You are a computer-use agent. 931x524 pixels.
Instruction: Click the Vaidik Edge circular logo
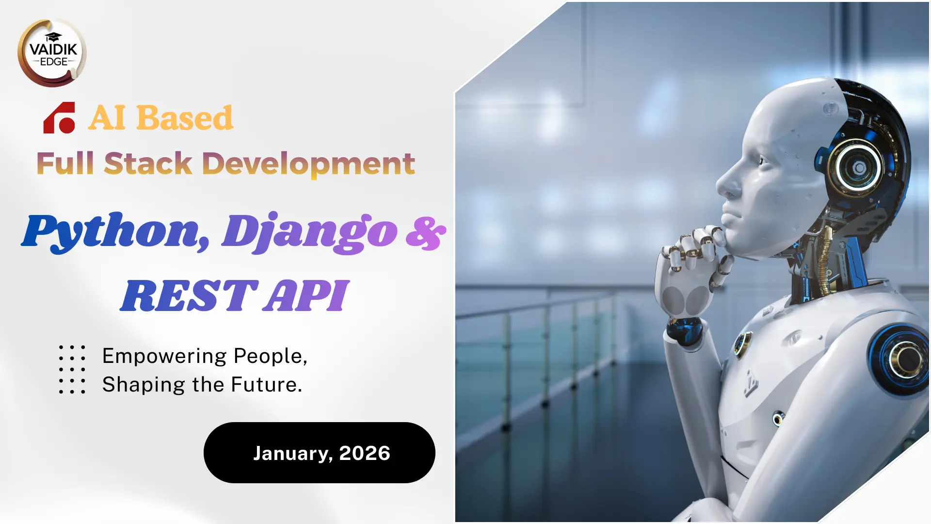52,53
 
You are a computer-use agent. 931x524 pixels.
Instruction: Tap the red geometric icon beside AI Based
59,117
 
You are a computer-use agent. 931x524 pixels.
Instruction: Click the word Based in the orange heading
185,117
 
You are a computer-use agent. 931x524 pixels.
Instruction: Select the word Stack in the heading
148,163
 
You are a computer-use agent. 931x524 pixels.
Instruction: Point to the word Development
308,164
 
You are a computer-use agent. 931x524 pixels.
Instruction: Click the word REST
189,295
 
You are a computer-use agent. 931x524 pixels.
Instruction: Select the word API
306,295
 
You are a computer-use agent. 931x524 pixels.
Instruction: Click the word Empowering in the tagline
164,357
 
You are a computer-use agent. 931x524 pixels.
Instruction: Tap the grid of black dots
72,369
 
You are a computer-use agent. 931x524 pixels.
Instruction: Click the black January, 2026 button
320,453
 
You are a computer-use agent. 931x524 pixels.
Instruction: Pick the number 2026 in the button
365,453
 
